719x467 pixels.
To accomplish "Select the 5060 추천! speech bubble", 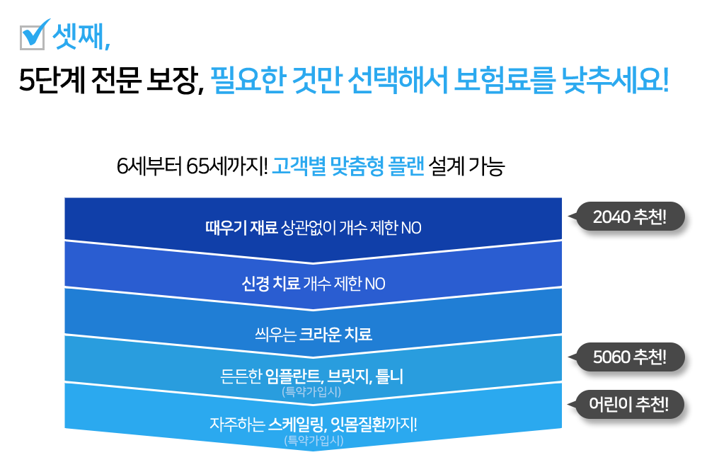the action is click(630, 356).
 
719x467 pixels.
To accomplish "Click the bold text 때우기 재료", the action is click(241, 229).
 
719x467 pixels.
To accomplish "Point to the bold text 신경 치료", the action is click(271, 284).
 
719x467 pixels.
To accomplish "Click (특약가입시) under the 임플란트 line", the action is click(312, 391).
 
